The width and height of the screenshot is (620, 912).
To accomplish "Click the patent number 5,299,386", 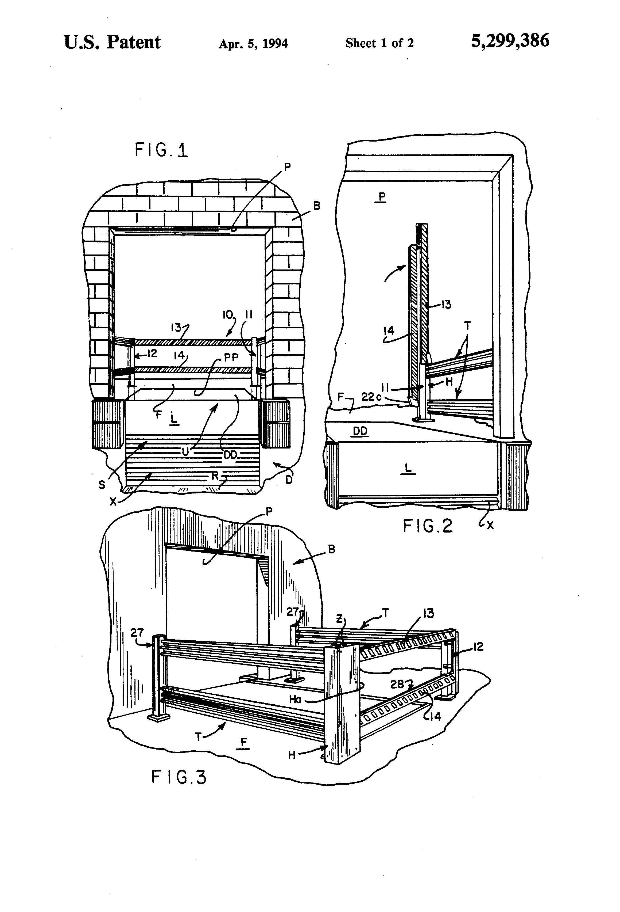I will point(510,41).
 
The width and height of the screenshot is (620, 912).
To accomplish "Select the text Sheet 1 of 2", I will point(379,43).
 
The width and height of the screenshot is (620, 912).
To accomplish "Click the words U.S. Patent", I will point(112,42).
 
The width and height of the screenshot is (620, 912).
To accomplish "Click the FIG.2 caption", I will point(428,526).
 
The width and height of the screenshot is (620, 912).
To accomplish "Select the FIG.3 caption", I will point(179,777).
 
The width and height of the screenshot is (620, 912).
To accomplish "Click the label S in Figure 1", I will point(102,485).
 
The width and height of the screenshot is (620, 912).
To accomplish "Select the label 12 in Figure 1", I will point(151,354).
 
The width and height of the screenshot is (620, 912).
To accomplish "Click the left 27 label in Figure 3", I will point(137,633).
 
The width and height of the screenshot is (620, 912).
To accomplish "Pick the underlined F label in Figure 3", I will point(244,742).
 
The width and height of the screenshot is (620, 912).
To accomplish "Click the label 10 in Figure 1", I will point(228,314).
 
